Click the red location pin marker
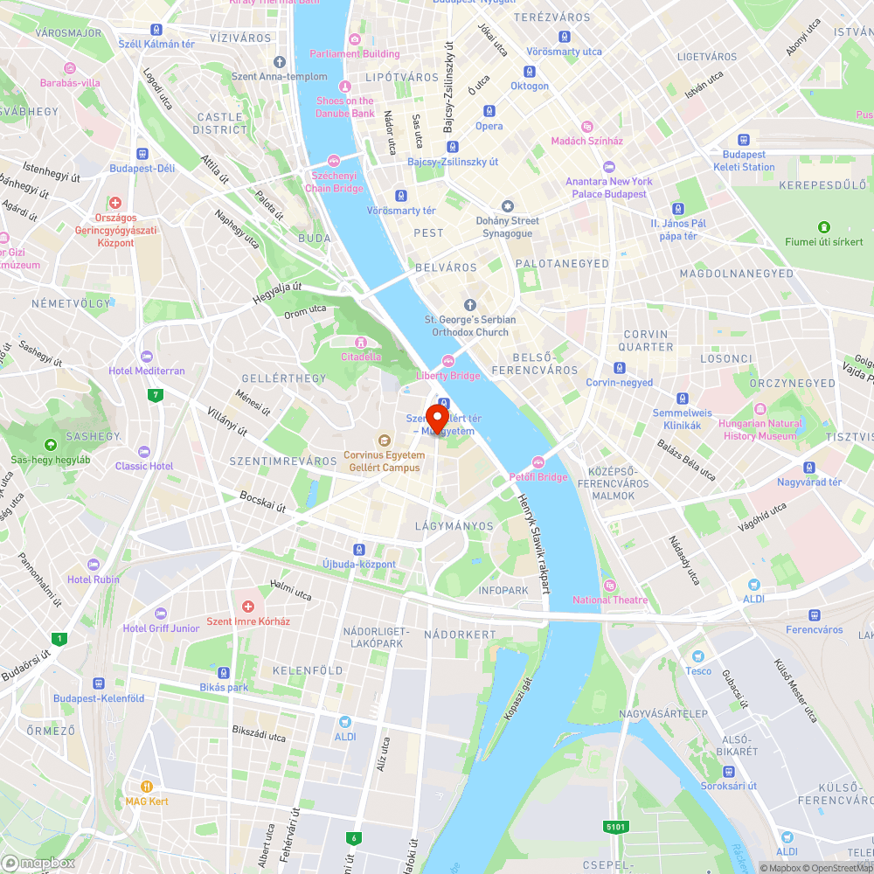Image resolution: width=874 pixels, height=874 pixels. point(435,415)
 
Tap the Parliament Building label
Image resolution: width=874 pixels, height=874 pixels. point(355,53)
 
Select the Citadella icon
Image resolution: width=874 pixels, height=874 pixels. point(360,342)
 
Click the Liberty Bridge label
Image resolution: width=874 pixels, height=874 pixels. point(448,376)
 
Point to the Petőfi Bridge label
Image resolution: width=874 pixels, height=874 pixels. point(538,476)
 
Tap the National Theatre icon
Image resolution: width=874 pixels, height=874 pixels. point(610,586)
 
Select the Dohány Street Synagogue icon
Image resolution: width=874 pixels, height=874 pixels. point(507,206)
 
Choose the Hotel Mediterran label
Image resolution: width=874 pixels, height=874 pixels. point(147,371)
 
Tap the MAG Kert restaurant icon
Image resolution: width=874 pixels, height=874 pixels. point(146,787)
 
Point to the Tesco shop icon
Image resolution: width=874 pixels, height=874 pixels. point(697,656)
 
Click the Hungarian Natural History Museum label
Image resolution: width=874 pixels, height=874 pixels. point(760,429)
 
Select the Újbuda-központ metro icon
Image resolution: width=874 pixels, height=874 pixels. point(358,550)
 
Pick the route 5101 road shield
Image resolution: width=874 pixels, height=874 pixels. point(616,826)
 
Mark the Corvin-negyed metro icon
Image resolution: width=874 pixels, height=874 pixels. point(620,368)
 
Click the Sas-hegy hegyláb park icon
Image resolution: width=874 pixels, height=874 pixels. point(49,445)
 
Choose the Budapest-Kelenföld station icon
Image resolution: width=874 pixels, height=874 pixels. point(98,683)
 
